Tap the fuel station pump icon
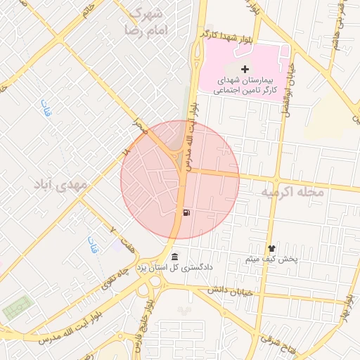tap(186, 212)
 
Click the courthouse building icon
tap(174, 255)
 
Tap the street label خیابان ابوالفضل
tap(286, 88)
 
